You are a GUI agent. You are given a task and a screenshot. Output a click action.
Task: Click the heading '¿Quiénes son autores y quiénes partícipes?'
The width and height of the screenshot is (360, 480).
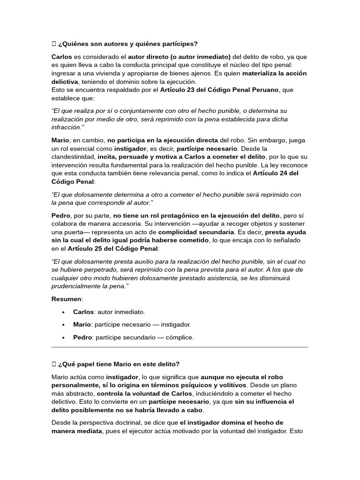(x=127, y=44)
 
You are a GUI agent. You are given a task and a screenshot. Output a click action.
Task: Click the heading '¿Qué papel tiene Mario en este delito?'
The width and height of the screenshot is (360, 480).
(x=119, y=364)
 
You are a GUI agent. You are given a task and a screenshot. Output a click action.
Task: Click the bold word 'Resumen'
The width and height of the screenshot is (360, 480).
(x=67, y=299)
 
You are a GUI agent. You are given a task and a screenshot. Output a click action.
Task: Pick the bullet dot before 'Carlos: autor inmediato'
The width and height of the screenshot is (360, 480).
(x=63, y=312)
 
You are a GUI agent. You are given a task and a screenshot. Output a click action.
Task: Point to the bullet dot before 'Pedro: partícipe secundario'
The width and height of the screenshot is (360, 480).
(x=63, y=337)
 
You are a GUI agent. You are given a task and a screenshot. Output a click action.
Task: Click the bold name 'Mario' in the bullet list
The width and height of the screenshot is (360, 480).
(x=82, y=324)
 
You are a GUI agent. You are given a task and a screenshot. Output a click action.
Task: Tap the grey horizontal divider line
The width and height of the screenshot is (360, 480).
(x=180, y=347)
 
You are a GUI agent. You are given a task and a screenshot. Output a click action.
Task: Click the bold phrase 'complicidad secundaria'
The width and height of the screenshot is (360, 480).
(x=196, y=232)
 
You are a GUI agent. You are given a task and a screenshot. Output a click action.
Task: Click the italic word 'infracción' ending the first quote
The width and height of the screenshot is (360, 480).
(x=67, y=127)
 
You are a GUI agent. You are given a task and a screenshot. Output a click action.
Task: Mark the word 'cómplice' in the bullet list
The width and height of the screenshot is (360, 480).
(x=180, y=337)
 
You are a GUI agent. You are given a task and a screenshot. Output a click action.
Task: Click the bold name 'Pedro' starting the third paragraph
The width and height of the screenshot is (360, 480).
(x=61, y=215)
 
